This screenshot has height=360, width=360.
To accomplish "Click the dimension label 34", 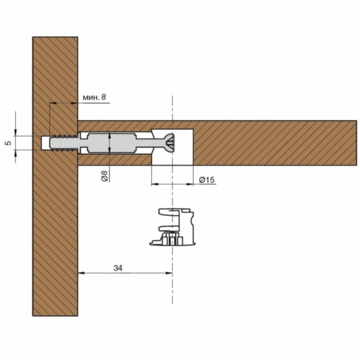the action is click(118, 268).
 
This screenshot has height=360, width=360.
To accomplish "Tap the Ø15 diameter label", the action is click(207, 180).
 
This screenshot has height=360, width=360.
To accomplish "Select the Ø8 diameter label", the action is click(104, 176).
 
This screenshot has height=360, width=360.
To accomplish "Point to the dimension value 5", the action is click(8, 143).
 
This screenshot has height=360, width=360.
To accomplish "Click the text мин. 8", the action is click(94, 97).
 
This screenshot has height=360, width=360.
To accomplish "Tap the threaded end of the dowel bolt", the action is click(64, 143).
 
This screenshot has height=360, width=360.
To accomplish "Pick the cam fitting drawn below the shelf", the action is click(173, 227).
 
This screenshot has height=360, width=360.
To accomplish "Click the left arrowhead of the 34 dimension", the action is click(82, 273).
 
